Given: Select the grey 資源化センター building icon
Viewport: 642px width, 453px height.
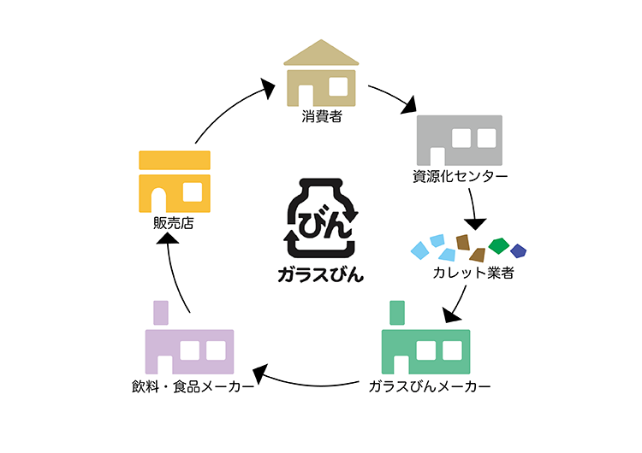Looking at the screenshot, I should (x=458, y=141).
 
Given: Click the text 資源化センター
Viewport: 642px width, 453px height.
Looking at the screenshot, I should (x=459, y=178).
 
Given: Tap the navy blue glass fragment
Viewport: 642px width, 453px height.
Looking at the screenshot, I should (x=518, y=250).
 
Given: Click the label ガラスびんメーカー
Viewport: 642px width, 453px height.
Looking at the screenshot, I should (x=430, y=386).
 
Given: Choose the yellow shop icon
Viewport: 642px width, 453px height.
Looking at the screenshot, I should (x=174, y=181).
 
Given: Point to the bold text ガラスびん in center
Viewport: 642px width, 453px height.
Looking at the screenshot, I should (x=321, y=274).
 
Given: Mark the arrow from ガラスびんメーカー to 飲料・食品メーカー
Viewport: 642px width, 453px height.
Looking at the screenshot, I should (x=308, y=379).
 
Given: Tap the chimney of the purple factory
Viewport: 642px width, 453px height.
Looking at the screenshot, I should (x=159, y=313).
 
